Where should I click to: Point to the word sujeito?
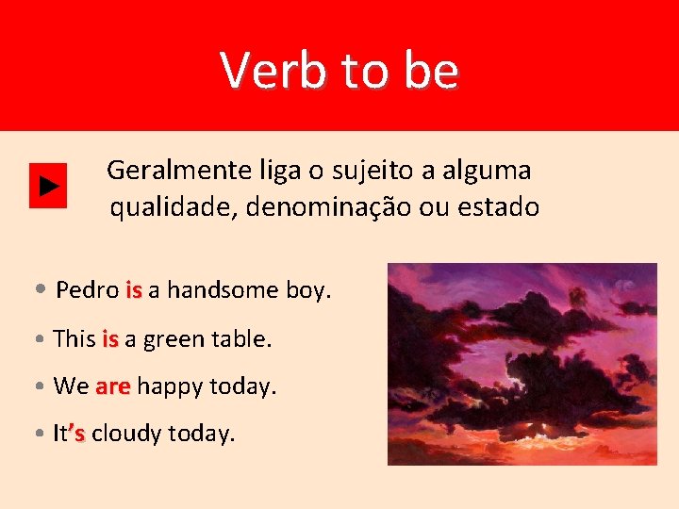coord(362,172)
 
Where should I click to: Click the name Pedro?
coord(87,290)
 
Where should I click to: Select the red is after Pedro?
coord(133,290)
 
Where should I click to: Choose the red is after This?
coord(110,338)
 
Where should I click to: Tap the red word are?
coord(112,386)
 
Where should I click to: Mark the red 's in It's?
coord(77,434)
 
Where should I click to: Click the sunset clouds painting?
coord(522,364)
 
